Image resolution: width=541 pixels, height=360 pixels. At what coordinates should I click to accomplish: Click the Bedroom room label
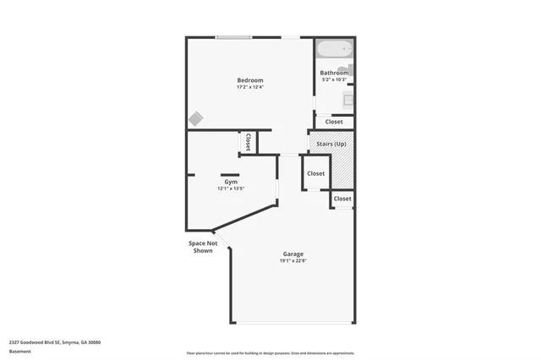[249, 80]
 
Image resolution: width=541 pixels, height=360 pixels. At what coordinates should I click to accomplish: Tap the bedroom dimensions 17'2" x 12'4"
[249, 87]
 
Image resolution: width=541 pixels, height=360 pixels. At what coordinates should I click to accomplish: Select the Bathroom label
[334, 73]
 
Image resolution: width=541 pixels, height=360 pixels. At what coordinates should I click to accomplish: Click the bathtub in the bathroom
[334, 50]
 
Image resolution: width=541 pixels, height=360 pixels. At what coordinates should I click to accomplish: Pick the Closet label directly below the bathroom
[334, 122]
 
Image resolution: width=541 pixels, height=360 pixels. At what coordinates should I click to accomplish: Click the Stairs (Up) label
[331, 144]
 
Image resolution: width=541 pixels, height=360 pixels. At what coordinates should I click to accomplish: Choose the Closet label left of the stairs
[315, 173]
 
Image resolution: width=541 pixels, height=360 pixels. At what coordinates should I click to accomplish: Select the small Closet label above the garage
[342, 199]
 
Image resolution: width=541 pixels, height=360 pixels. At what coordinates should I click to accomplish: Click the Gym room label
[230, 182]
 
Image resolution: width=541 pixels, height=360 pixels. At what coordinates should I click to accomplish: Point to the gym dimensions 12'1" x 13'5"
[230, 188]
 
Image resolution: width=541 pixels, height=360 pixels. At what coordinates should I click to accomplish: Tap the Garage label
[293, 254]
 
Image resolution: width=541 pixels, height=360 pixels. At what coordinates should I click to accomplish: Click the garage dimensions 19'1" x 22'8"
[293, 261]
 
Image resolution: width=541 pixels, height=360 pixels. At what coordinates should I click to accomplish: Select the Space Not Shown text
[203, 247]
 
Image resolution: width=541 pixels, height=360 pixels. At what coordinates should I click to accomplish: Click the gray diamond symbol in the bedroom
[195, 118]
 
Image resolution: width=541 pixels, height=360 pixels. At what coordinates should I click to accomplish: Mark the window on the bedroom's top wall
[232, 37]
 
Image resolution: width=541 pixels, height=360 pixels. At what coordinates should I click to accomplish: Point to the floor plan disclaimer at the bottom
[270, 352]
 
